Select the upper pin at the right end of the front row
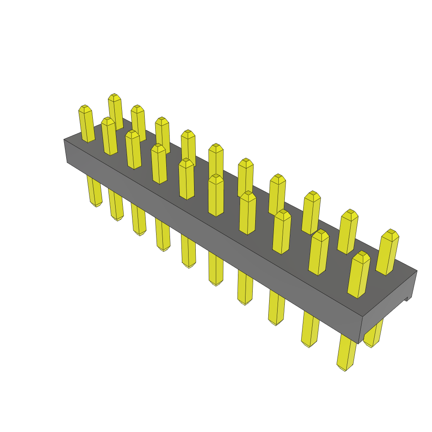[359, 275]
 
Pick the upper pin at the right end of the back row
[387, 252]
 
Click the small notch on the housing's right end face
[408, 299]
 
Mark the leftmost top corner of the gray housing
[64, 139]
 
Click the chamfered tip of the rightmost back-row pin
[391, 233]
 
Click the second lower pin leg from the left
[116, 205]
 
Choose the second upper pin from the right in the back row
[348, 232]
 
